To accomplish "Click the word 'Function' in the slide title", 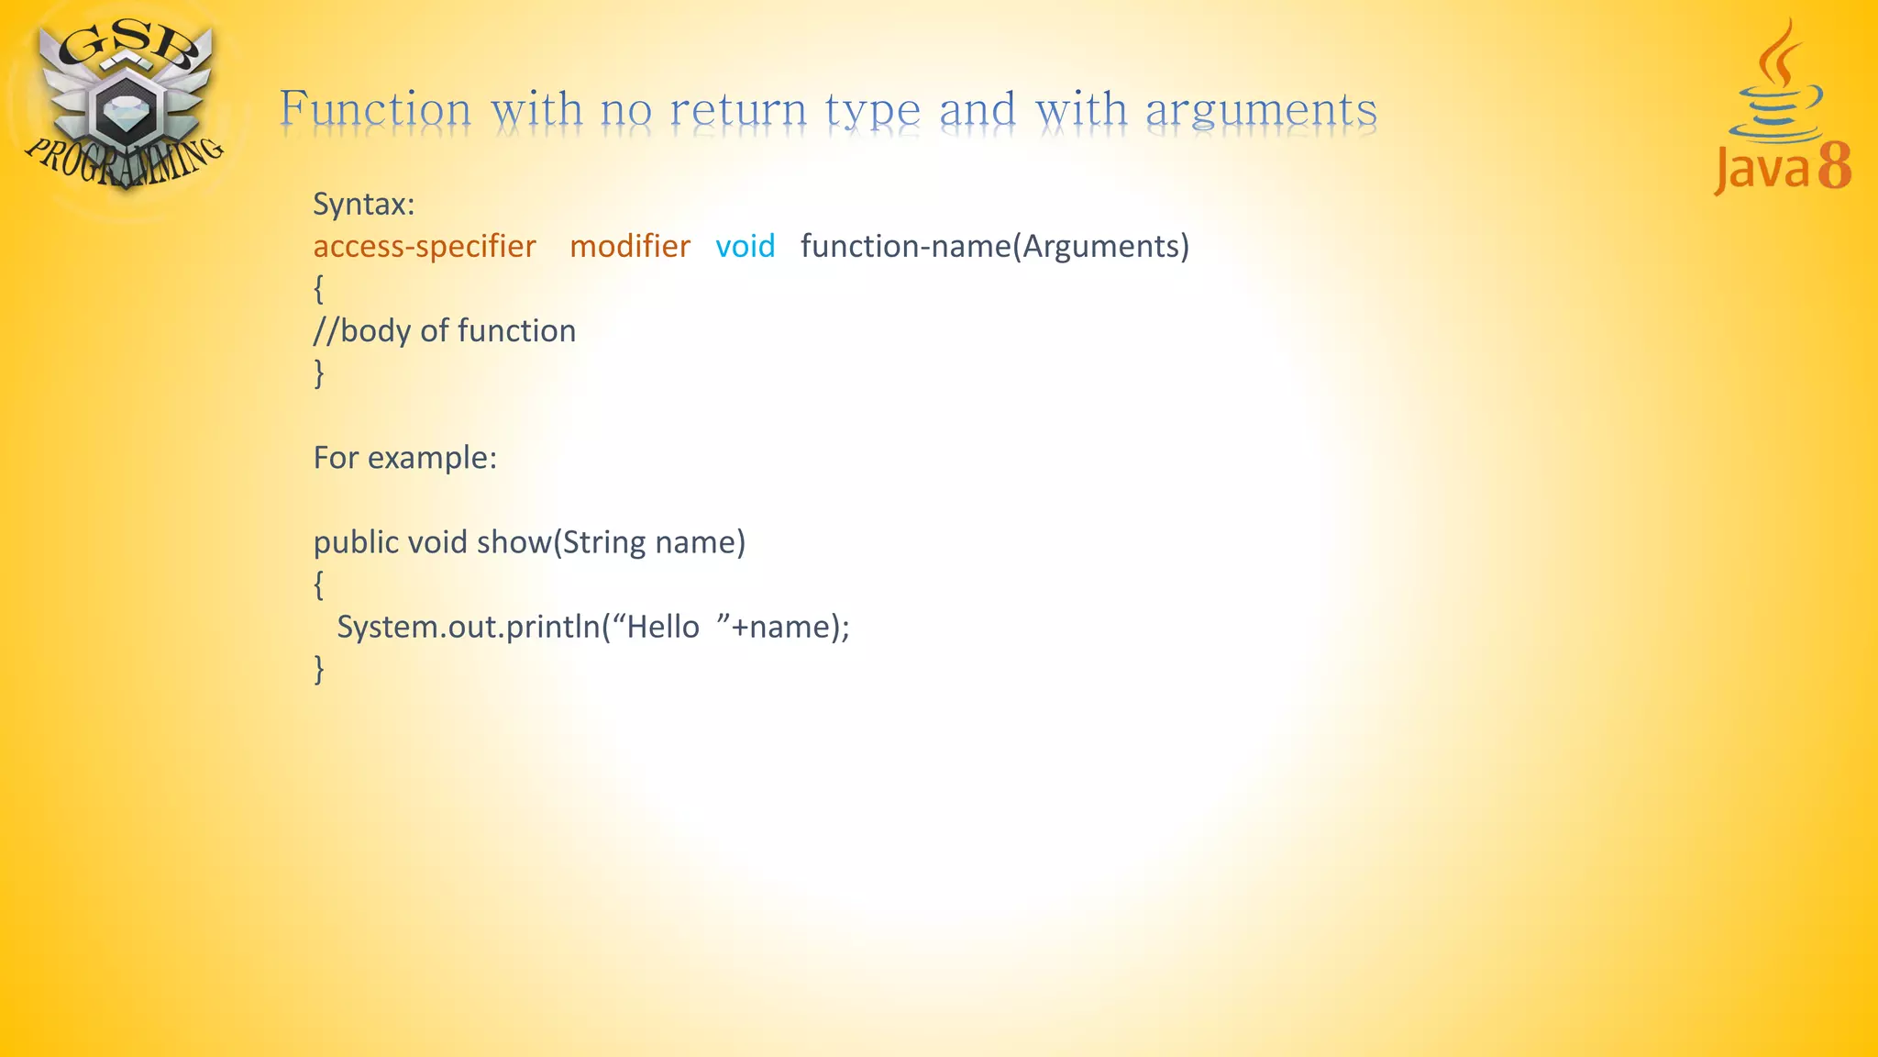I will pyautogui.click(x=375, y=109).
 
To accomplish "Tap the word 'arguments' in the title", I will pyautogui.click(x=1261, y=111).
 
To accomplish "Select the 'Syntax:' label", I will pyautogui.click(x=364, y=204).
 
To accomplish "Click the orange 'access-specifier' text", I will pyautogui.click(x=425, y=246).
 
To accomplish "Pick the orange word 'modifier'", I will pyautogui.click(x=630, y=246).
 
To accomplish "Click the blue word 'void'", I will pyautogui.click(x=746, y=246).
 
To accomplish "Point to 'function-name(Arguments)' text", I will pyautogui.click(x=995, y=246).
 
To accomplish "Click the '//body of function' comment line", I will pyautogui.click(x=445, y=330).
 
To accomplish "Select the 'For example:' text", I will pyautogui.click(x=405, y=457).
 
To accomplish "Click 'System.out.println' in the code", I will pyautogui.click(x=468, y=627).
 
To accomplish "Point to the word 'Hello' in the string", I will pyautogui.click(x=663, y=627).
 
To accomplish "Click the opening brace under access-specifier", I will pyautogui.click(x=319, y=289).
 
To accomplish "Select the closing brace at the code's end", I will pyautogui.click(x=319, y=669).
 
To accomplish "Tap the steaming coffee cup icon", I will pyautogui.click(x=1776, y=92).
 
